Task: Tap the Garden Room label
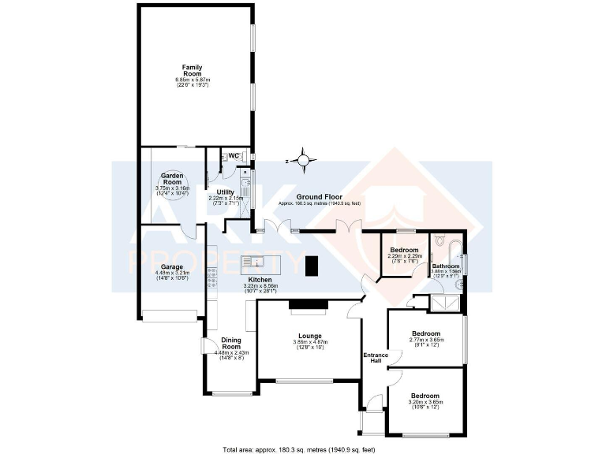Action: coord(172,179)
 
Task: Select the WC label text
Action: coord(234,155)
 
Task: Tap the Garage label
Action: coord(172,267)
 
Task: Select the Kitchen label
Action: coord(260,280)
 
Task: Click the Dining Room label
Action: coord(230,343)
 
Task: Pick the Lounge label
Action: coord(310,337)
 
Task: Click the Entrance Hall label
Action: coord(376,358)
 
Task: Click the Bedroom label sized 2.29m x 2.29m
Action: coord(404,250)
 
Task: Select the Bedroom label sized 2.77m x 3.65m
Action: coord(426,333)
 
